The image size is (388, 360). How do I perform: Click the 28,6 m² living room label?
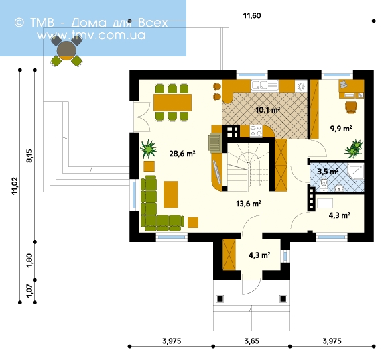(x=182, y=154)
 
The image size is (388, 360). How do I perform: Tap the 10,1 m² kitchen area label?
(x=267, y=109)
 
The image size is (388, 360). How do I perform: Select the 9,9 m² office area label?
(x=341, y=129)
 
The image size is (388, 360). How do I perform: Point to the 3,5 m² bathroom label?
(x=328, y=172)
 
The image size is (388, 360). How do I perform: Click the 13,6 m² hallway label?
(x=248, y=204)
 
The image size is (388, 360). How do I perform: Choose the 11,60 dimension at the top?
(x=252, y=16)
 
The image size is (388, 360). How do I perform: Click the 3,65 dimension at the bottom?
(x=252, y=341)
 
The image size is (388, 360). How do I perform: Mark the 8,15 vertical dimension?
(x=29, y=156)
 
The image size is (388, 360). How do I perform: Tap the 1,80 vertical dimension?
(x=29, y=261)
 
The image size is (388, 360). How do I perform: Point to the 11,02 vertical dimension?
(x=15, y=186)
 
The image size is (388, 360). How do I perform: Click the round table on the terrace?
(x=66, y=50)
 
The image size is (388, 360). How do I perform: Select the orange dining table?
(x=172, y=103)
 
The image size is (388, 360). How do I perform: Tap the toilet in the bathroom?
(x=324, y=185)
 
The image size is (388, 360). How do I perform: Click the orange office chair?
(x=351, y=107)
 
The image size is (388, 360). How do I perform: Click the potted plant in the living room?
(x=148, y=149)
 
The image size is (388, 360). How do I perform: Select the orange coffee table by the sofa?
(x=171, y=194)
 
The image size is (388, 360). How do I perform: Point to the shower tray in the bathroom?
(x=356, y=171)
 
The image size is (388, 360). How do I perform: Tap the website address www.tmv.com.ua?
(x=91, y=35)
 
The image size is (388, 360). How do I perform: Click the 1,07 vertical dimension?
(x=29, y=291)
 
